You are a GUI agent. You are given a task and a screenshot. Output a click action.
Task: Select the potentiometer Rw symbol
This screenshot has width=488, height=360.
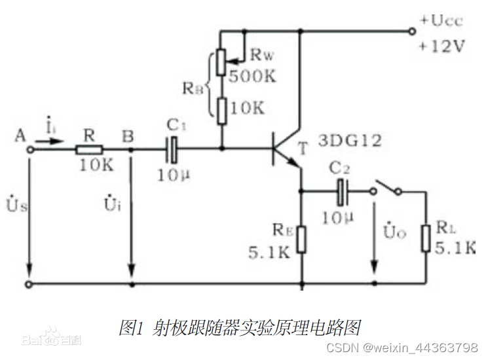(221, 60)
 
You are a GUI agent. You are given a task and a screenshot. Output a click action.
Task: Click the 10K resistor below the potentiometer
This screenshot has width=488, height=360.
(221, 109)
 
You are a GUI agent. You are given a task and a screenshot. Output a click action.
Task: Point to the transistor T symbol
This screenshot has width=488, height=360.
(282, 149)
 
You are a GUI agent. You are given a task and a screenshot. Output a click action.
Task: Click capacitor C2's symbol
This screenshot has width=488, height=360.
(341, 191)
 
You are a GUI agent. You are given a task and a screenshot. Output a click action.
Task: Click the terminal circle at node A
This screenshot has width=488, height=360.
(29, 149)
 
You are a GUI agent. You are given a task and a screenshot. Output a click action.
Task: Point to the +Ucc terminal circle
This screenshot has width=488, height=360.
(411, 30)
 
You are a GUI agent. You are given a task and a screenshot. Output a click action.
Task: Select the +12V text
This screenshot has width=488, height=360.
(443, 47)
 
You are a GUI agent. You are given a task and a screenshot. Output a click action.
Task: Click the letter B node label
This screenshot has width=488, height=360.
(128, 136)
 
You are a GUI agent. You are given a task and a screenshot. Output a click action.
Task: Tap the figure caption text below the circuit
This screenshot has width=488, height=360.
(240, 327)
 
